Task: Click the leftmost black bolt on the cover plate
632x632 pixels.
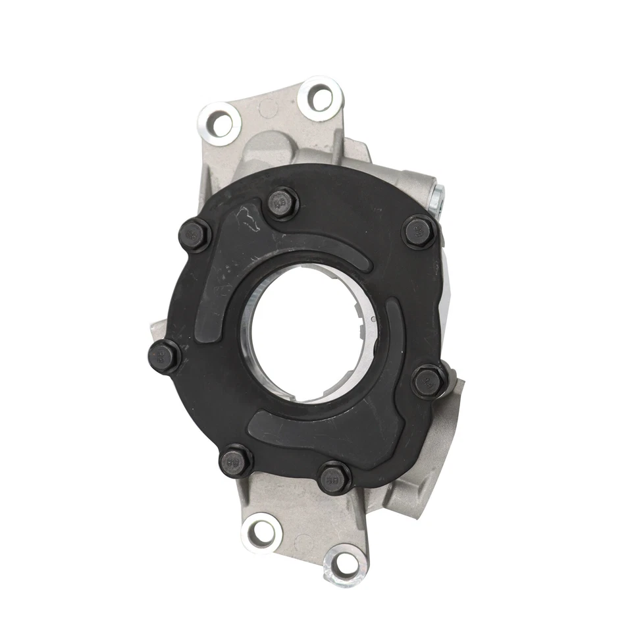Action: pyautogui.click(x=165, y=356)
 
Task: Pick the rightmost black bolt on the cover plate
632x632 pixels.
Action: pyautogui.click(x=429, y=381)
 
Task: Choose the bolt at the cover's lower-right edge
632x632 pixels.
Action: pyautogui.click(x=334, y=477)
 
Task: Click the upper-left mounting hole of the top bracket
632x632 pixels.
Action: pyautogui.click(x=220, y=123)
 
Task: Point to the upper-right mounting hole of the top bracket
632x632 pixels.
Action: pyautogui.click(x=321, y=99)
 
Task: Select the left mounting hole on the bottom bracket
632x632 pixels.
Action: pyautogui.click(x=262, y=531)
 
